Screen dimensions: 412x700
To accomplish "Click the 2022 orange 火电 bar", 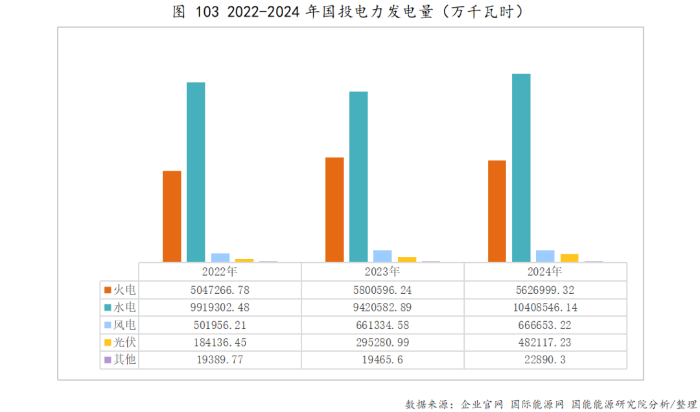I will click(172, 216).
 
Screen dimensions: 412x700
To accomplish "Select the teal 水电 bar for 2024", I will click(521, 167).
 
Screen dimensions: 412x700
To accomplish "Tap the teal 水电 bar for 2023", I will click(358, 176).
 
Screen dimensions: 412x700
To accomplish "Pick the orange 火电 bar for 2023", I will click(334, 209).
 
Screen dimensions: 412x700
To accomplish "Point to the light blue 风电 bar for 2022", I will click(220, 258).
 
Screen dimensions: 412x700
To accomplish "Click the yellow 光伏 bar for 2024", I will click(569, 258).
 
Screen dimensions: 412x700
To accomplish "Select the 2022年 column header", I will click(220, 272).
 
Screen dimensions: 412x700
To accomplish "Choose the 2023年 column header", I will click(382, 272).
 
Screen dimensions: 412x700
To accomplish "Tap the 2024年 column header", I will click(545, 272).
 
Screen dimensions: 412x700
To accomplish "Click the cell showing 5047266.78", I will click(220, 290).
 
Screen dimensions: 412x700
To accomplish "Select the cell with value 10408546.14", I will click(545, 307).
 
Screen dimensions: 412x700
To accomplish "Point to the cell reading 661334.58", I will click(382, 324).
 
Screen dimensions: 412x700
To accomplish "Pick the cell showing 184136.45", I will click(220, 342).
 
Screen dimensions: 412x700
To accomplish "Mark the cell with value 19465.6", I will click(382, 359).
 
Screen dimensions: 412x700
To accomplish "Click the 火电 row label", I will click(124, 290).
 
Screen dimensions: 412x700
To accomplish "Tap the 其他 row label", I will click(124, 359).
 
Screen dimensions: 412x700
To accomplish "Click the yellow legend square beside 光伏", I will click(108, 343).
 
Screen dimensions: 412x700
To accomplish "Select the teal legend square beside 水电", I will click(108, 308).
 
